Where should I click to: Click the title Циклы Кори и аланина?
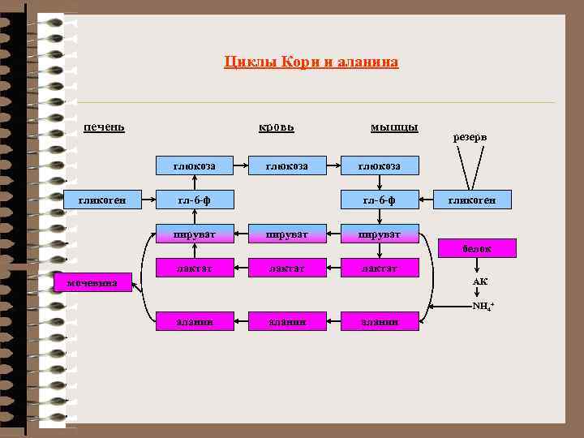(311, 62)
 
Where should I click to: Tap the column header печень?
(104, 127)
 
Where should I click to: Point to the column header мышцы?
(394, 127)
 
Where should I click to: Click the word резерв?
(469, 137)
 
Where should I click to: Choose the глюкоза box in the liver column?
(195, 166)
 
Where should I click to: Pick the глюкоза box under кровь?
(288, 166)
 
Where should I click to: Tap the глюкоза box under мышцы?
(380, 166)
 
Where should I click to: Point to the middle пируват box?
(288, 234)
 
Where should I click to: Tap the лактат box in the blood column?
(288, 268)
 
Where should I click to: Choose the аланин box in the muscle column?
(380, 321)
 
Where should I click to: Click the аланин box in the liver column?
(195, 321)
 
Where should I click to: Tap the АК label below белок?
(480, 281)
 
